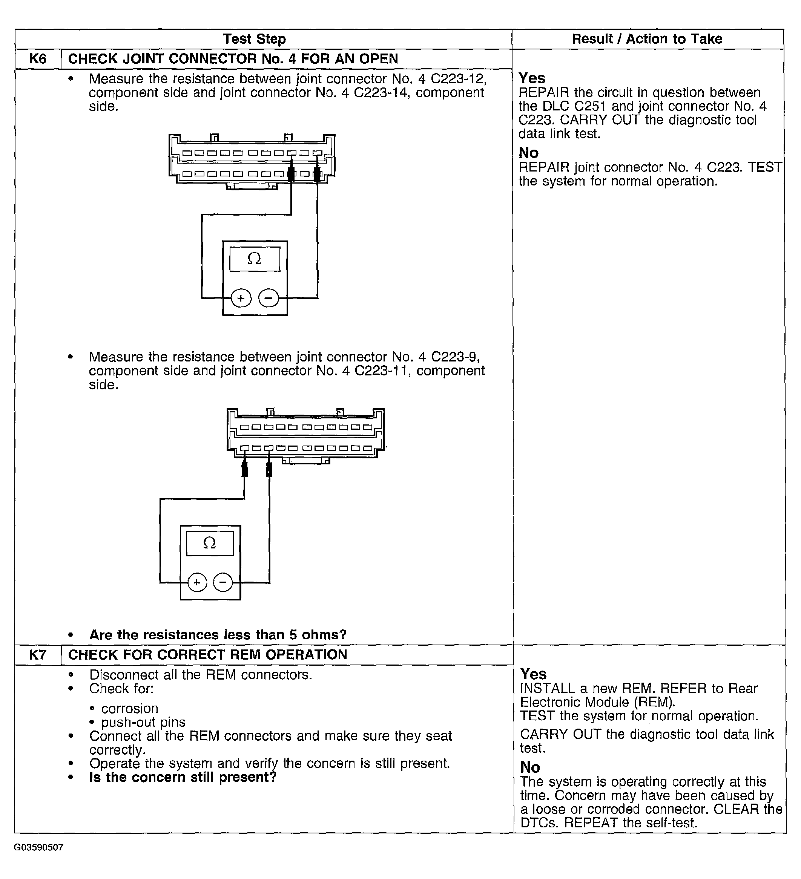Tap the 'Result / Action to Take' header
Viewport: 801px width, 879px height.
pos(647,39)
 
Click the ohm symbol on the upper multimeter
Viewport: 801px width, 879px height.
pos(254,259)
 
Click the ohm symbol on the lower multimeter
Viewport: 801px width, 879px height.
pos(209,543)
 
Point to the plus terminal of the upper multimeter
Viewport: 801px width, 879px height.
pos(241,299)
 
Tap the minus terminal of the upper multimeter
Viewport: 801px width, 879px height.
pos(268,299)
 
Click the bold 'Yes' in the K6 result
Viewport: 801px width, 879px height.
pos(532,78)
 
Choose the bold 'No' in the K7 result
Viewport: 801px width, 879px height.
pos(530,767)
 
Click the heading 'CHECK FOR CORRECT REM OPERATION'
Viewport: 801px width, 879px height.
pos(208,655)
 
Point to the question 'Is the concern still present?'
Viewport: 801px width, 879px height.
pos(183,777)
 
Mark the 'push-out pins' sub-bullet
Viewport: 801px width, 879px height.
pos(143,723)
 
